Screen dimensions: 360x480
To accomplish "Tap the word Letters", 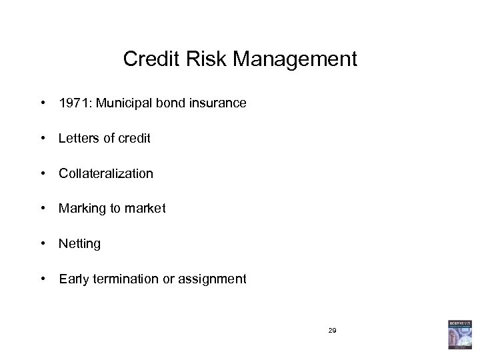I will coord(77,139).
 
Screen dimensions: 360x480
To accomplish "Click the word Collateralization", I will coord(105,173).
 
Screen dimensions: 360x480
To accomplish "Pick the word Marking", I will coord(81,209).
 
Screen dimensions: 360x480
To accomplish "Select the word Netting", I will coord(79,244).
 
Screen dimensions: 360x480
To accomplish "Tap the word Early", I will coord(73,279).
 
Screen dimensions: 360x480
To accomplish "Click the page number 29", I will coord(332,329).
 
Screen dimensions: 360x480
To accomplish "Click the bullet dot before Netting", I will coord(42,243).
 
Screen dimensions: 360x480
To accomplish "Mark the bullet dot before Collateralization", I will coord(42,173).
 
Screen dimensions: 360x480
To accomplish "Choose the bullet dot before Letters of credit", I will coord(42,138).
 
